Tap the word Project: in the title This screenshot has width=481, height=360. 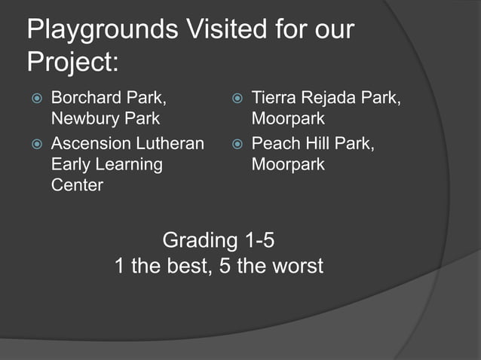tap(72, 62)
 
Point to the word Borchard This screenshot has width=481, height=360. tap(85, 98)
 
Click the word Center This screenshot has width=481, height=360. tap(76, 185)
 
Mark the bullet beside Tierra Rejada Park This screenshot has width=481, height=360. tap(237, 99)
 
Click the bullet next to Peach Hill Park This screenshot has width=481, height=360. tap(237, 144)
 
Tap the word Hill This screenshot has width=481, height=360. tap(320, 143)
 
